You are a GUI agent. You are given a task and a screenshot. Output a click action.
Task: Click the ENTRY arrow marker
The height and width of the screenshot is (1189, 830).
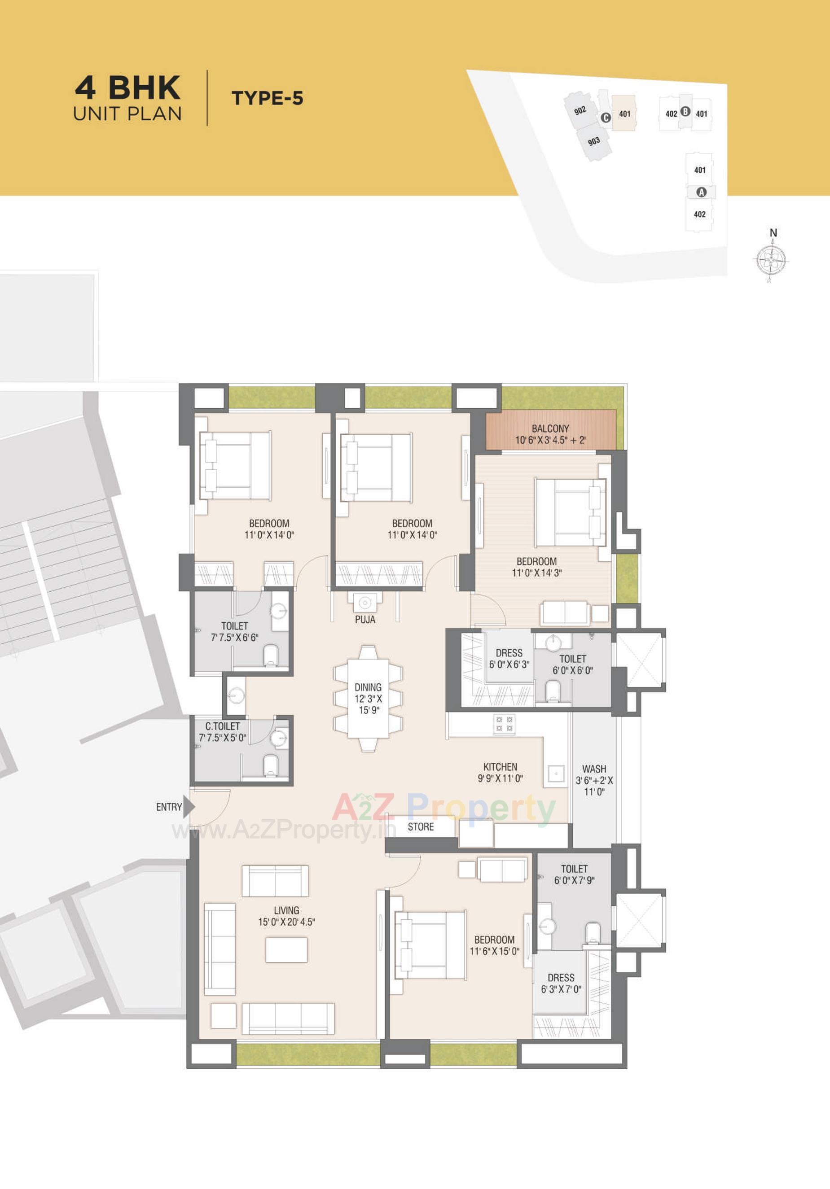point(189,807)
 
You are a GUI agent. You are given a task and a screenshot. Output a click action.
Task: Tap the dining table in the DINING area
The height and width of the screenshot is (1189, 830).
point(368,698)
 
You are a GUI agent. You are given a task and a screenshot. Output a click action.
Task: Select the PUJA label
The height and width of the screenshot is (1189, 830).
point(365,619)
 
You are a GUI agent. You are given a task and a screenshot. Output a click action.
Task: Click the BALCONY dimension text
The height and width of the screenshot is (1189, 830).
point(550,440)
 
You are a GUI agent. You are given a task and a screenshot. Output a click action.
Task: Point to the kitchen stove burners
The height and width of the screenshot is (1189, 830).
point(504,725)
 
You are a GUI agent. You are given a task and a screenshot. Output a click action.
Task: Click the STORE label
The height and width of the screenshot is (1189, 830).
point(421,827)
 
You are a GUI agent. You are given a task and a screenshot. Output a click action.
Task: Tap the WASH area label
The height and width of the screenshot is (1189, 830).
point(594,769)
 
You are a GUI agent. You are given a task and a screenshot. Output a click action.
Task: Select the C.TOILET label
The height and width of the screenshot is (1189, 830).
point(222,726)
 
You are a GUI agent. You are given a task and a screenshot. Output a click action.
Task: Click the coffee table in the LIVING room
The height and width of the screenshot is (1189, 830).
point(286,950)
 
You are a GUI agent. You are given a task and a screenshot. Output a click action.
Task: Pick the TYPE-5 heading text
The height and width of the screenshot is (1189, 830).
point(268,98)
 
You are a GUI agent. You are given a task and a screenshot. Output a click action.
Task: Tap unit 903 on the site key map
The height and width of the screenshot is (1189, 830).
point(594,141)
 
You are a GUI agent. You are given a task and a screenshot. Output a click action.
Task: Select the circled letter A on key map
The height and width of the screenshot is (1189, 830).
point(702,192)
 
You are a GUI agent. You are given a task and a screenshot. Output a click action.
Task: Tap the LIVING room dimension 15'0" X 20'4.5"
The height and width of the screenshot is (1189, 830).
point(286,922)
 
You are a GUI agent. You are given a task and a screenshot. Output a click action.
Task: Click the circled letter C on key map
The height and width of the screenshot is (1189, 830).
point(606,118)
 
